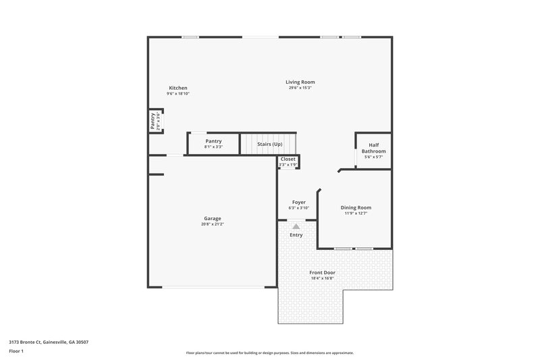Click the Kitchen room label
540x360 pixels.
(x=178, y=88)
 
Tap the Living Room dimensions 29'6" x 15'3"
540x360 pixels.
(x=301, y=88)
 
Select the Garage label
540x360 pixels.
(x=213, y=218)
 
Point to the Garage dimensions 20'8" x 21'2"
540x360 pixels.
(x=213, y=224)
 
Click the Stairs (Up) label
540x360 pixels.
(x=269, y=144)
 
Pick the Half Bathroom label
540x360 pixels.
(x=373, y=148)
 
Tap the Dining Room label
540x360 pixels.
(x=356, y=207)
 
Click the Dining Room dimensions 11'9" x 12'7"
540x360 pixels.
(x=356, y=213)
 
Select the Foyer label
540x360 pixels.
(x=298, y=202)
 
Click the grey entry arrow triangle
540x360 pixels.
(x=296, y=227)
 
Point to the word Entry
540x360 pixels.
(x=296, y=235)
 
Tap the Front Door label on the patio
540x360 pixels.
(x=322, y=272)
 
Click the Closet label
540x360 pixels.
(x=288, y=159)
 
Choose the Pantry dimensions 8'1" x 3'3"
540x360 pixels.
(x=213, y=147)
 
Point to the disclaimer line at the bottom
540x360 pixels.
(x=269, y=353)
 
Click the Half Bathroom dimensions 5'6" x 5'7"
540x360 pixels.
(x=373, y=157)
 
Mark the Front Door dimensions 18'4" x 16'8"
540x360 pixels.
(x=322, y=278)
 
